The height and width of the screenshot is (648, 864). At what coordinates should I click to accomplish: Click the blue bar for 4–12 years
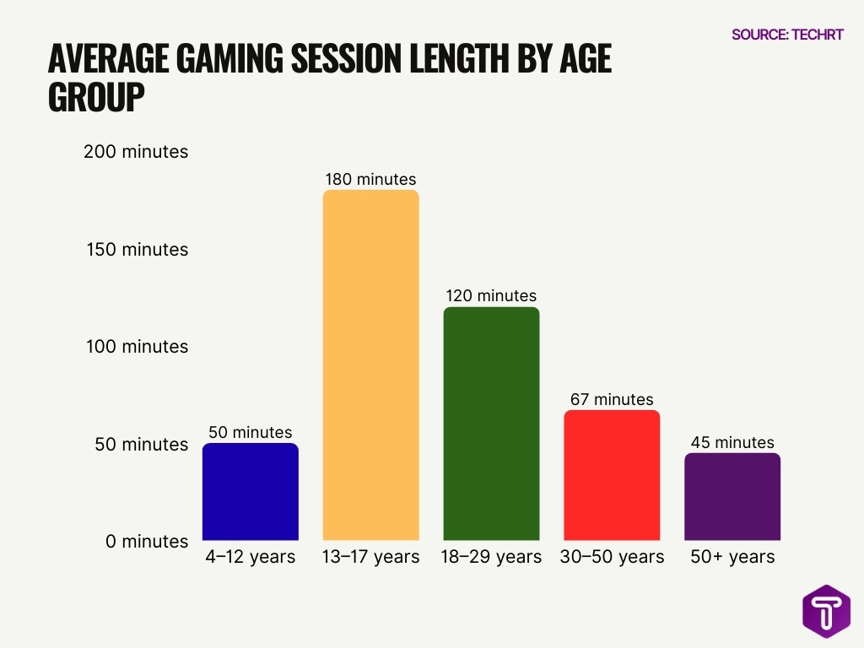click(x=251, y=492)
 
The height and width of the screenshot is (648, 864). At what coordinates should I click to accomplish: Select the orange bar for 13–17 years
click(x=370, y=365)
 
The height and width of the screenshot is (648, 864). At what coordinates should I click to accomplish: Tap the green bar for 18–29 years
click(x=491, y=424)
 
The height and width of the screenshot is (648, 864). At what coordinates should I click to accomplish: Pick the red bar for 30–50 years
click(x=611, y=475)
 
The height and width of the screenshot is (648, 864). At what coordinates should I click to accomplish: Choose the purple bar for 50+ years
click(x=732, y=497)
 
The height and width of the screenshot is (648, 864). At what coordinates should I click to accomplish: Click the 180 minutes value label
click(x=370, y=179)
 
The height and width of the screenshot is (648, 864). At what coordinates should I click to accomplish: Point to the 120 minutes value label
click(x=491, y=296)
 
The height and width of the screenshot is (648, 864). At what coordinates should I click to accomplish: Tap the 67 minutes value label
click(x=611, y=399)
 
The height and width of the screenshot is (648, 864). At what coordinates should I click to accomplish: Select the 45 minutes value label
click(x=732, y=442)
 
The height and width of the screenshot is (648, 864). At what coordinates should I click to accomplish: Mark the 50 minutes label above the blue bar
click(x=251, y=432)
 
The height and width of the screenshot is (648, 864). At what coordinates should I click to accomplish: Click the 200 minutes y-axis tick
click(x=137, y=152)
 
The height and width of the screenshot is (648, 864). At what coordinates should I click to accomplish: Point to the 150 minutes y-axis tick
click(x=137, y=250)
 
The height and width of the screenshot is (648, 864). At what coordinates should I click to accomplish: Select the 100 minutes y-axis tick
click(x=137, y=347)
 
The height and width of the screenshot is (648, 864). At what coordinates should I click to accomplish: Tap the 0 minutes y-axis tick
click(x=147, y=542)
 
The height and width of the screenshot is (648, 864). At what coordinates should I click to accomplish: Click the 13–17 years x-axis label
click(x=370, y=557)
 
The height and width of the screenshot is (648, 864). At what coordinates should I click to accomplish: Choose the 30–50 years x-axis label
click(x=612, y=557)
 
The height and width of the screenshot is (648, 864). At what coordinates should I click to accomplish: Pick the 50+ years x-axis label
click(x=732, y=557)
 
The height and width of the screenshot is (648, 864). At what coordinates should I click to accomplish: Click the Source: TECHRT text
click(x=787, y=35)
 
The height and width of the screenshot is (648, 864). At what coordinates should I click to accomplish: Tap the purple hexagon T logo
click(x=826, y=611)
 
